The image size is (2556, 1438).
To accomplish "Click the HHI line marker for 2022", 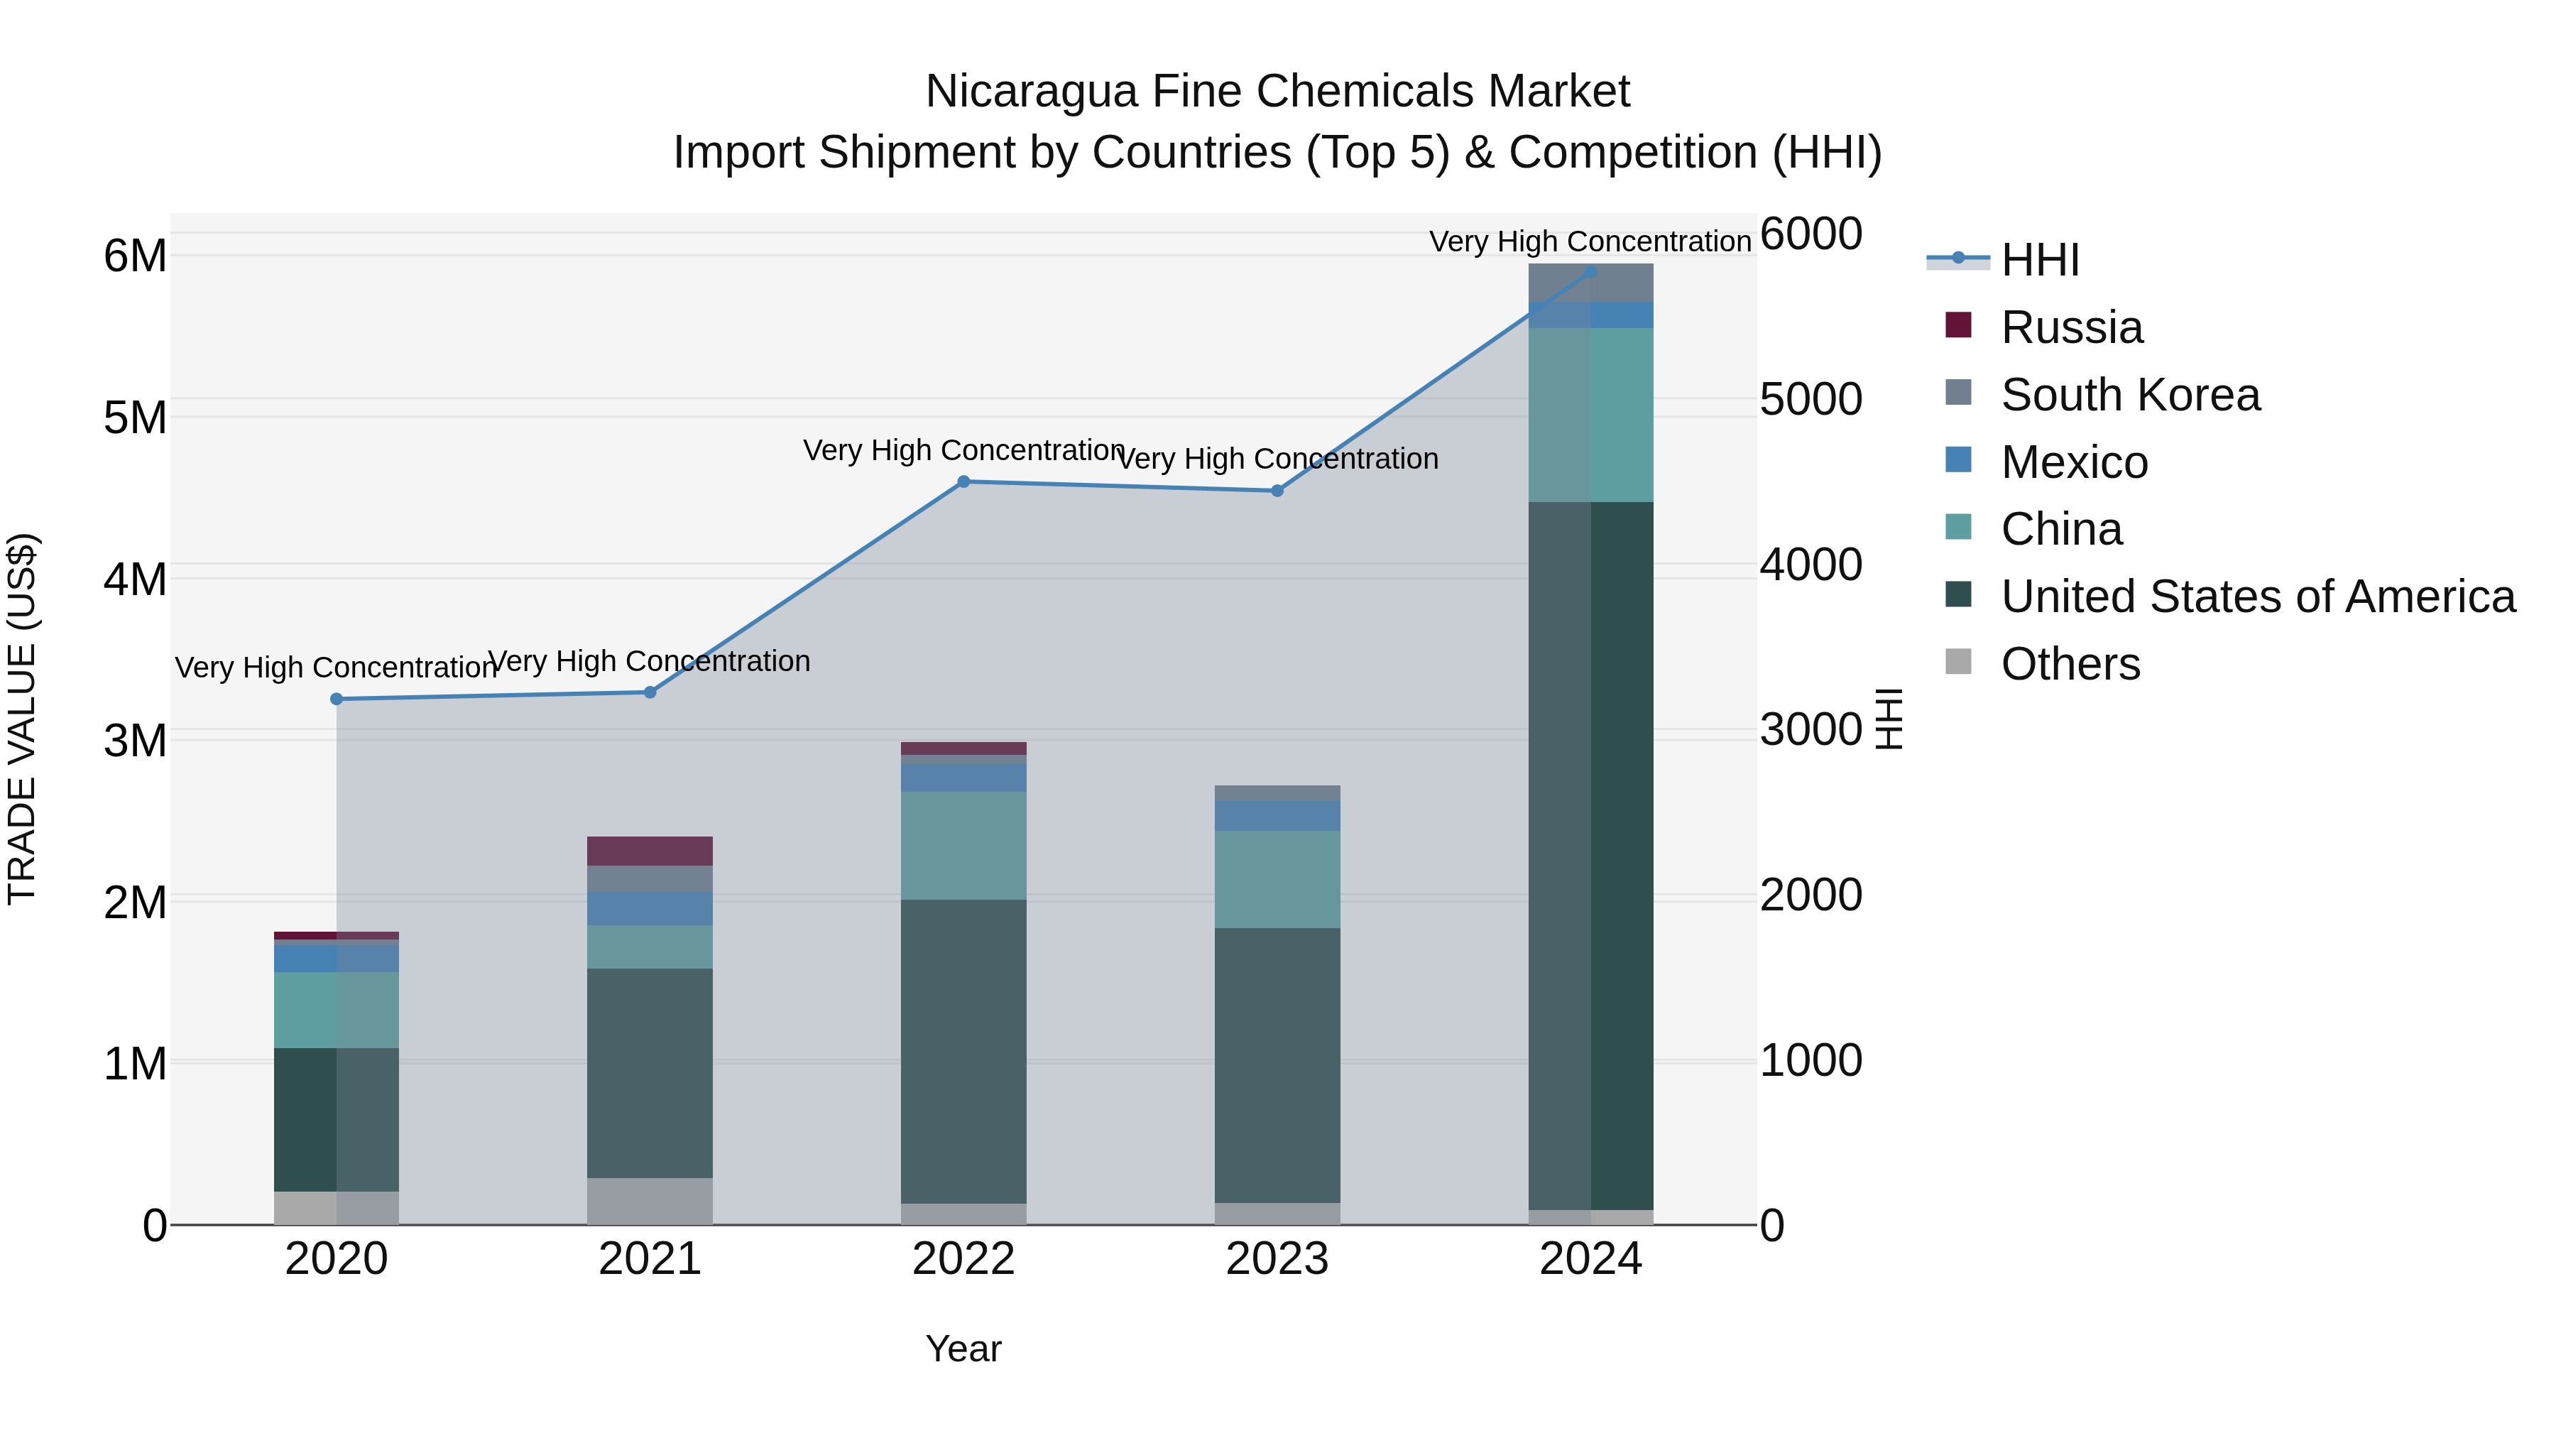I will [x=963, y=482].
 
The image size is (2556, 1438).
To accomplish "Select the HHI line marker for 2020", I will [x=337, y=699].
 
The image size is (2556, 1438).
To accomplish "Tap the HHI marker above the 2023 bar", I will [x=1277, y=491].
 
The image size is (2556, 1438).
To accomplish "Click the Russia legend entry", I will [x=2071, y=327].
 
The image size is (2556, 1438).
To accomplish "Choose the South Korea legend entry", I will [x=2129, y=395].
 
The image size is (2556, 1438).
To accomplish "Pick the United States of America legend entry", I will [x=2257, y=597].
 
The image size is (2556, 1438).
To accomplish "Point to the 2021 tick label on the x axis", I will [x=650, y=1259].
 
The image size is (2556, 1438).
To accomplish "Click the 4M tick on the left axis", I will [x=135, y=579].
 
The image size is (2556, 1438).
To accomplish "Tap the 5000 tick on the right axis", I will [x=1810, y=399].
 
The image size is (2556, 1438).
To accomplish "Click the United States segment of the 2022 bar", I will [x=963, y=1052].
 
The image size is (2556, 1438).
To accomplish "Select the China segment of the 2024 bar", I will [x=1590, y=415].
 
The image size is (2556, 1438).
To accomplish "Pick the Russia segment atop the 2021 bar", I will [x=650, y=851].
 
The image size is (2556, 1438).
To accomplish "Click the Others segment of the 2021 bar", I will [x=650, y=1201].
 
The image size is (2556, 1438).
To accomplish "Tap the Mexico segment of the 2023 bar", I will [x=1277, y=816].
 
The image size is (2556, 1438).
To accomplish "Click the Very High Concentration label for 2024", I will [x=1590, y=241].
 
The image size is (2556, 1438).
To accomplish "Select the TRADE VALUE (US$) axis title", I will [x=22, y=719].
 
